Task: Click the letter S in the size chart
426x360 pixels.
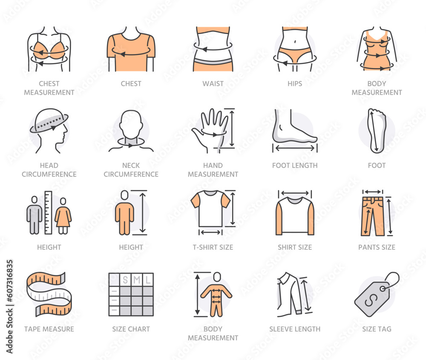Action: (125, 280)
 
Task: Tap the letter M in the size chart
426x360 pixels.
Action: (137, 280)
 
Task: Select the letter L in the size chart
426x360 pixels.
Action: (148, 280)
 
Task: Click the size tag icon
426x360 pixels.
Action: (377, 294)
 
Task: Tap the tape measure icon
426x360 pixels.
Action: (49, 294)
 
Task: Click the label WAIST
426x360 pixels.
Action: (213, 83)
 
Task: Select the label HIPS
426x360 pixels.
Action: (295, 83)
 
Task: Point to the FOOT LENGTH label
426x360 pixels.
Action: (295, 165)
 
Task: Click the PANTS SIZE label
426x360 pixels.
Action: (377, 247)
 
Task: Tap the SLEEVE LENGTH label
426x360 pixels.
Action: (295, 329)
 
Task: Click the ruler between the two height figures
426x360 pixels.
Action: (48, 213)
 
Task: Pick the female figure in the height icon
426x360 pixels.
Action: (63, 216)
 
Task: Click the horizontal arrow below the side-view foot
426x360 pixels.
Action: (295, 148)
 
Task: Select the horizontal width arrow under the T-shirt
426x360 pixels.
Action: (211, 232)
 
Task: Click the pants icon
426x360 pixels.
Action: (372, 216)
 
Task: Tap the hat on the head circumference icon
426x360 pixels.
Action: (49, 120)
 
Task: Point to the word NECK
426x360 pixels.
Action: (131, 165)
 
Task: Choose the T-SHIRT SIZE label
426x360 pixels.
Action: (213, 247)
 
